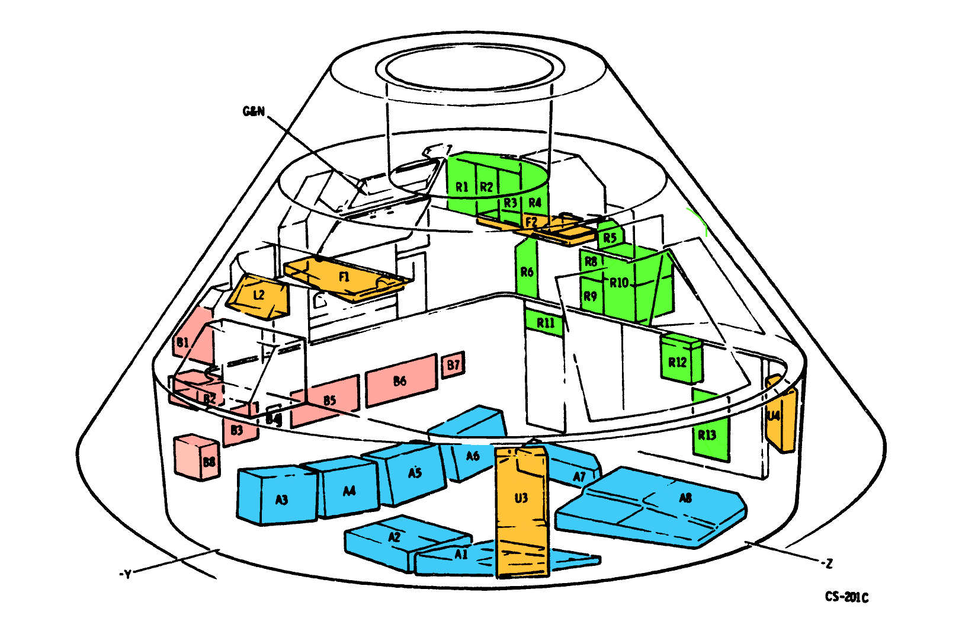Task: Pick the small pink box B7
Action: (453, 365)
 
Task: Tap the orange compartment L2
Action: (259, 296)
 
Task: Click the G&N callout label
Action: (254, 111)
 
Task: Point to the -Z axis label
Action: (826, 563)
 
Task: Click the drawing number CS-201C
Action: (846, 597)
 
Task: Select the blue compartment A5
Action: (413, 474)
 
